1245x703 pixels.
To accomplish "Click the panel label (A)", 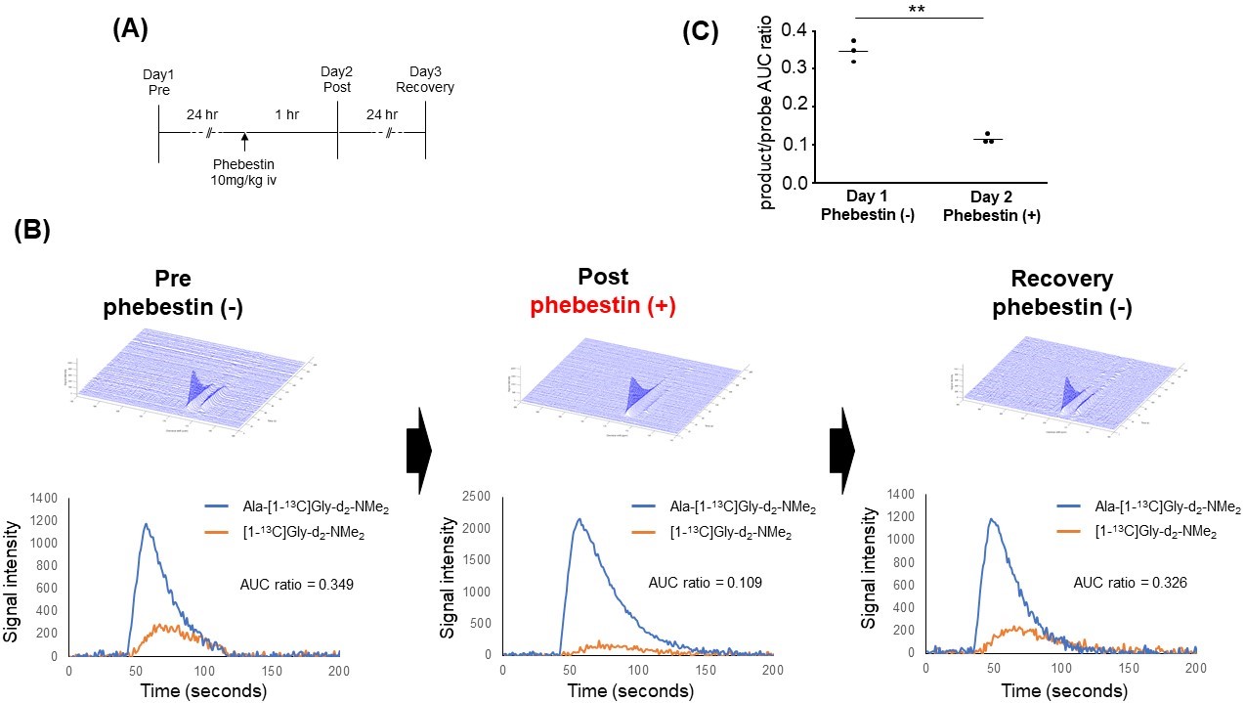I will (130, 29).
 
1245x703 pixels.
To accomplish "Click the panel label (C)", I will (700, 31).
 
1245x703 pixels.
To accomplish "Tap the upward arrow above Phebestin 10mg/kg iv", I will (243, 143).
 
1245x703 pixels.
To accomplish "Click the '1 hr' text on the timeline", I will (286, 114).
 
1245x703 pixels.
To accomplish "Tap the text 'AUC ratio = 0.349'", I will (297, 585).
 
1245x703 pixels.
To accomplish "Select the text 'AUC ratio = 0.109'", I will (706, 583).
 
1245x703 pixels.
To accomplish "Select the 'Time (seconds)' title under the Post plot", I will (636, 690).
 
